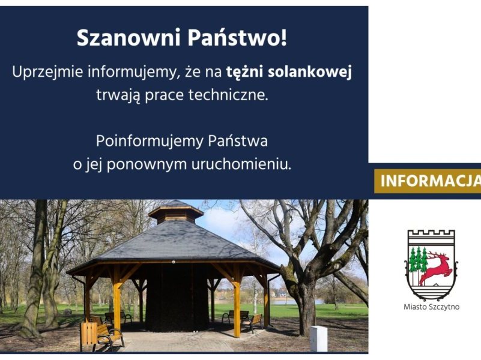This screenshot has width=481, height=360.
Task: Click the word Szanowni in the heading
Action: click(129, 38)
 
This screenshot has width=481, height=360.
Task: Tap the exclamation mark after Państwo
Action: click(283, 38)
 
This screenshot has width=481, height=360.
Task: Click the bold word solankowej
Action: click(310, 73)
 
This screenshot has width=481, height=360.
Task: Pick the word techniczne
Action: click(228, 95)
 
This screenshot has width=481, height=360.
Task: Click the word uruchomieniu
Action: click(241, 164)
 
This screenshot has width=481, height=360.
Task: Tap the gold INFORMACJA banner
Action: click(428, 181)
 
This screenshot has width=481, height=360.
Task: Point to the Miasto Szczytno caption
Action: click(431, 307)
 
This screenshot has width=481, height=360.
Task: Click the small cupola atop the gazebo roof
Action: click(176, 212)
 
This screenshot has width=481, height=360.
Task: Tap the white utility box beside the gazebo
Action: click(319, 338)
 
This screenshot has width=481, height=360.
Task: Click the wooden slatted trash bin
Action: click(89, 333)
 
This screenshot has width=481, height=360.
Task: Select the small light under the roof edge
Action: click(174, 262)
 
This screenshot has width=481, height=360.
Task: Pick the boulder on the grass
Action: click(67, 312)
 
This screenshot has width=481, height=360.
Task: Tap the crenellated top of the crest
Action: click(431, 234)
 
